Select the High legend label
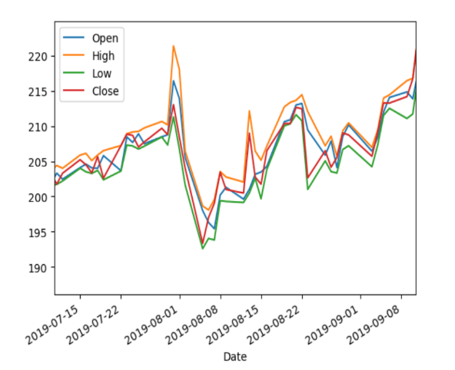tap(101, 55)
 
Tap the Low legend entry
tap(101, 74)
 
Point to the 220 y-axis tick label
tap(39, 57)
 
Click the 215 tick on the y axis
tap(39, 92)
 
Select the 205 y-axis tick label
tap(39, 162)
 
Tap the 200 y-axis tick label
tap(39, 197)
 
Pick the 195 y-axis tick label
tap(39, 233)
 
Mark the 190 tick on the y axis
tap(39, 267)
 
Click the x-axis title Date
tap(234, 356)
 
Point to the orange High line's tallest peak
tap(173, 46)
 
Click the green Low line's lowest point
tap(203, 248)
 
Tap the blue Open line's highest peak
tap(173, 81)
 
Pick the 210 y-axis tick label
tap(39, 127)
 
